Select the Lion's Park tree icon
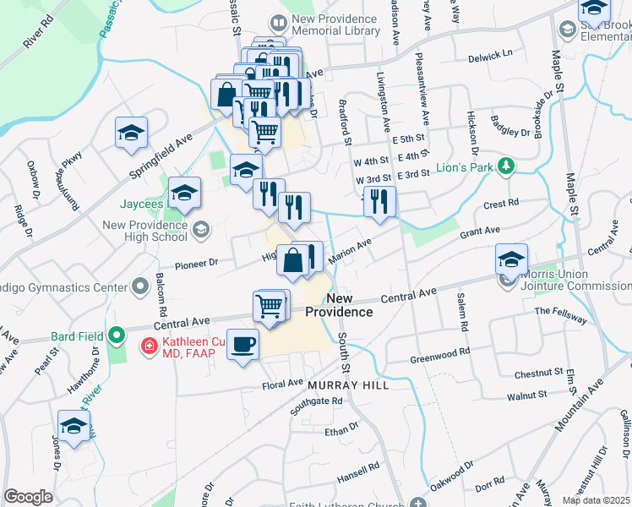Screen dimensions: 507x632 (x=505, y=166)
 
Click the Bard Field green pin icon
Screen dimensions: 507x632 (x=118, y=336)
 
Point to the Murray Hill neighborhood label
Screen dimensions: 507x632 (x=347, y=384)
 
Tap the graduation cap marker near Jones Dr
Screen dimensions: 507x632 (x=74, y=427)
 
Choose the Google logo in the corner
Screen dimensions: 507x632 (x=28, y=497)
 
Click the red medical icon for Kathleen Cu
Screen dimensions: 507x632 (x=149, y=345)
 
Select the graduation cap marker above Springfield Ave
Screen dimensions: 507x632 (x=132, y=134)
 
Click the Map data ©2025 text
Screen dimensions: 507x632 (x=596, y=500)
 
